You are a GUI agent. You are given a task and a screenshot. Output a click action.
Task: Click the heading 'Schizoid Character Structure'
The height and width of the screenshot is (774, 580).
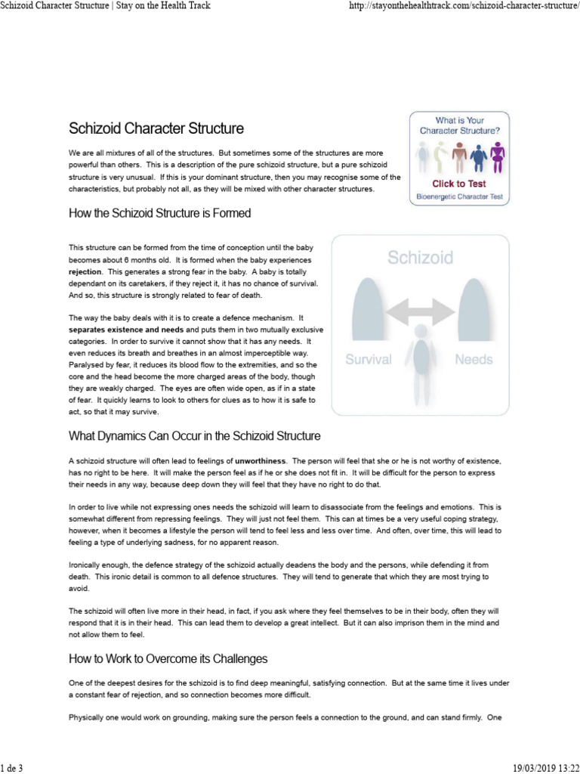[156, 129]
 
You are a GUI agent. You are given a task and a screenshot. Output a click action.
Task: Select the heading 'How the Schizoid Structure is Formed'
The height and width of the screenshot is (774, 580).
[159, 213]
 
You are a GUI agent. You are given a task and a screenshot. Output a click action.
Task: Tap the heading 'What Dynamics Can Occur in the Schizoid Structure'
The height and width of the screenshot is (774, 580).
[195, 436]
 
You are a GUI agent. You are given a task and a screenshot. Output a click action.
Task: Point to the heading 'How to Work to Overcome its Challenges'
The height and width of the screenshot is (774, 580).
[168, 658]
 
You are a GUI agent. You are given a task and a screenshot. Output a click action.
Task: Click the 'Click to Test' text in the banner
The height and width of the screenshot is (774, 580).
[458, 183]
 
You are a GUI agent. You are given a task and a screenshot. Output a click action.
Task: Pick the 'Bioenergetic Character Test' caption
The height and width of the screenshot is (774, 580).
[459, 197]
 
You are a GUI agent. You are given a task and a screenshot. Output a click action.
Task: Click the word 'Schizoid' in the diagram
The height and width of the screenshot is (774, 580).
[421, 258]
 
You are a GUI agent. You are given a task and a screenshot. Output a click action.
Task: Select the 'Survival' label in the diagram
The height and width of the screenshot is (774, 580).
[369, 360]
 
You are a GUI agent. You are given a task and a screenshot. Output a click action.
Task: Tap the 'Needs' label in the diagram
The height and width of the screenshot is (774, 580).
[474, 360]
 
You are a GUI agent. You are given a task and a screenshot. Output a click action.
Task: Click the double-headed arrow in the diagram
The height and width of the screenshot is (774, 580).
[421, 309]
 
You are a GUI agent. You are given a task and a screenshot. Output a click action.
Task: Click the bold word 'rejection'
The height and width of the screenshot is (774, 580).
[85, 271]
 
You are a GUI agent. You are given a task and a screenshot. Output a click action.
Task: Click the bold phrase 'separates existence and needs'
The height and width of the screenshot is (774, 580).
[125, 330]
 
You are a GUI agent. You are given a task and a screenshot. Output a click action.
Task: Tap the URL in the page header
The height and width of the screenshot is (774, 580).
[460, 6]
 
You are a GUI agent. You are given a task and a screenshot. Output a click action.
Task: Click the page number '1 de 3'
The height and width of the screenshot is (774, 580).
[12, 768]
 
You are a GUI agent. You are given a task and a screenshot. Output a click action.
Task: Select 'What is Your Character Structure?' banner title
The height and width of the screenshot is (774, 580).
[459, 125]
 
